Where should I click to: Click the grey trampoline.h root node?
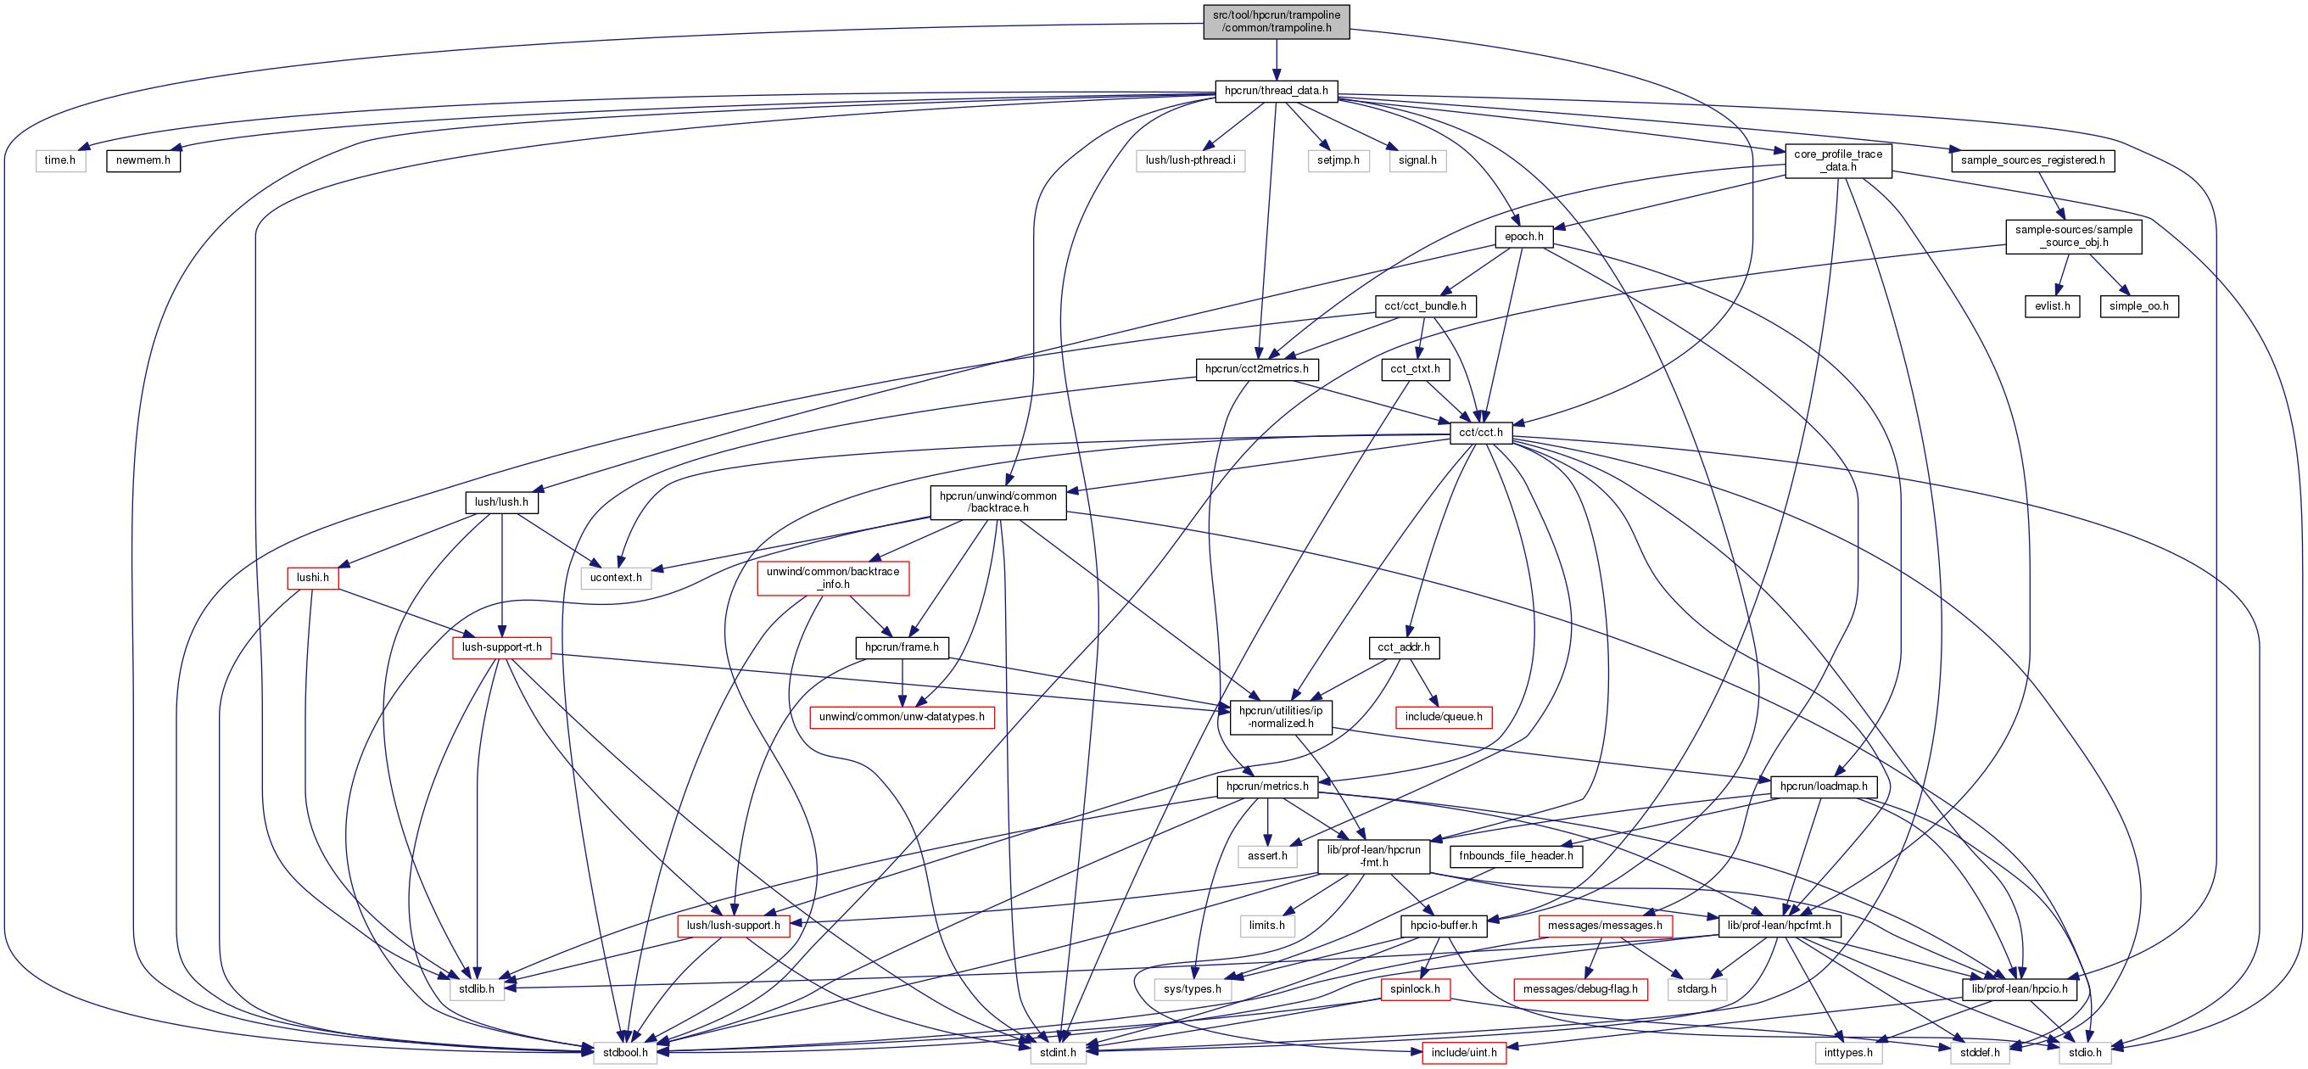point(1276,21)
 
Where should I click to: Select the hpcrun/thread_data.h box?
point(1276,91)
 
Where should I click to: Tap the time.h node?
point(60,160)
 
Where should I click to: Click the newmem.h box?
point(143,160)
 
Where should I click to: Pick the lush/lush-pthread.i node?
point(1190,160)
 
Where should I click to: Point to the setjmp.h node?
point(1338,160)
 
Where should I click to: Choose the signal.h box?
point(1417,160)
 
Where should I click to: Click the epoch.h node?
point(1523,237)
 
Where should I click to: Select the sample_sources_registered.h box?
point(2032,160)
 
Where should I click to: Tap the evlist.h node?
point(2052,306)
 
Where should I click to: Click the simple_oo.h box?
point(2138,306)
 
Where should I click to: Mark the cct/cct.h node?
point(1481,433)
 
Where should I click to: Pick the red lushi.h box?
point(313,578)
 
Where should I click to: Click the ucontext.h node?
point(616,578)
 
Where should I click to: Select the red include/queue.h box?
point(1444,717)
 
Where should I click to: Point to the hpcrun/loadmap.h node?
point(1824,786)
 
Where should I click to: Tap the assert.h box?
point(1267,856)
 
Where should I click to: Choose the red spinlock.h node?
point(1415,989)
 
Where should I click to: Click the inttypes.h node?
point(1848,1053)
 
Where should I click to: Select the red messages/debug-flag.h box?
point(1579,989)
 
